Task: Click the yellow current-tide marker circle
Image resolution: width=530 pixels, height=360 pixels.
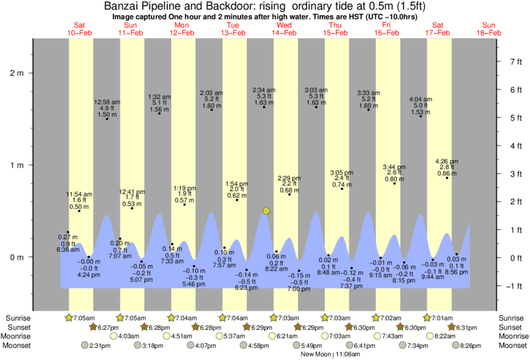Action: (266, 211)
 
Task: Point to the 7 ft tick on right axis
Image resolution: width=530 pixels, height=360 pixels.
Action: (515, 61)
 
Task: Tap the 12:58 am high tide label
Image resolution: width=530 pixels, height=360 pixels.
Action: (107, 108)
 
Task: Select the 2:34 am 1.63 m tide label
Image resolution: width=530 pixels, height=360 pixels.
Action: (264, 97)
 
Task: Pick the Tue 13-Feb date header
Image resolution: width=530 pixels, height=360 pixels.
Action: (233, 28)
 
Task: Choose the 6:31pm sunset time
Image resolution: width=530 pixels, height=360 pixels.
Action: (467, 327)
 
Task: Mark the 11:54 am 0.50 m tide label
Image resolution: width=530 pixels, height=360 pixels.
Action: (79, 200)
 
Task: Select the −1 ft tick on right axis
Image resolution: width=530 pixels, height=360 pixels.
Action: (515, 287)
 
